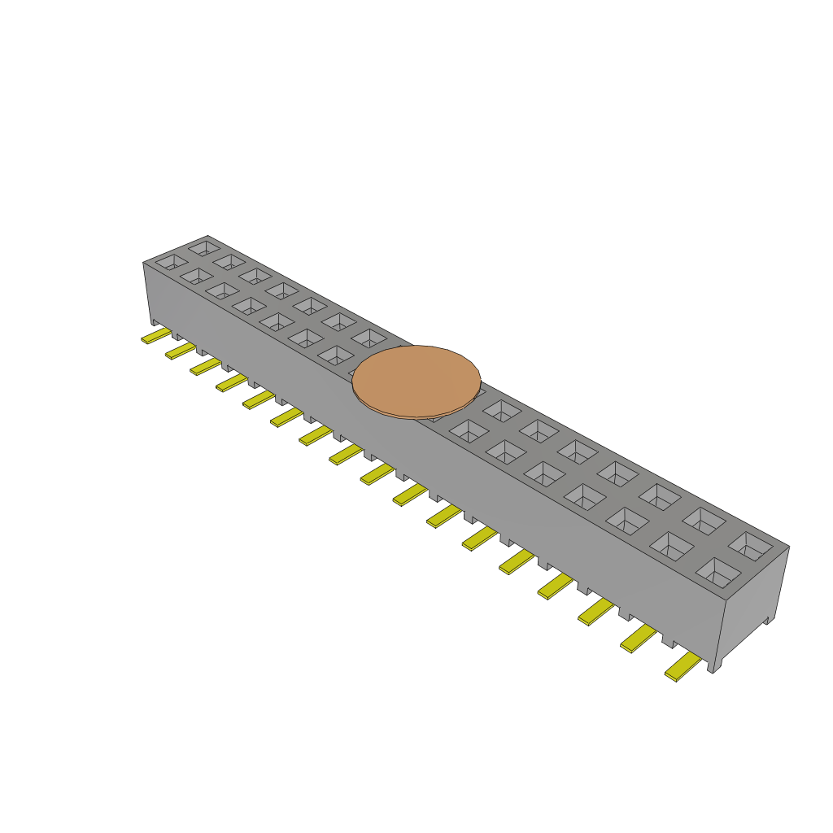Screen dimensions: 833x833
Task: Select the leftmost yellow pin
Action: (155, 335)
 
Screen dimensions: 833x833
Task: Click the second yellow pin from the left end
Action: (181, 350)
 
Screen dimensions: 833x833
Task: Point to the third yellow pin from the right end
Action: (595, 610)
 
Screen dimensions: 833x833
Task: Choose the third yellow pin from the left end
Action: (205, 366)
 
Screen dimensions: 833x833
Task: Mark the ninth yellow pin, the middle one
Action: (377, 473)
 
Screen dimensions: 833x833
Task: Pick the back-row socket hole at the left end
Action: (203, 246)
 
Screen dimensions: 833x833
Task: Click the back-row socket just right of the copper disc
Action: (502, 411)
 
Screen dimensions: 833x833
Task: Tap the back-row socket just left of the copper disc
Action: (370, 338)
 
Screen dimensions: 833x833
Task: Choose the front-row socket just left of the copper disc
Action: (337, 355)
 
